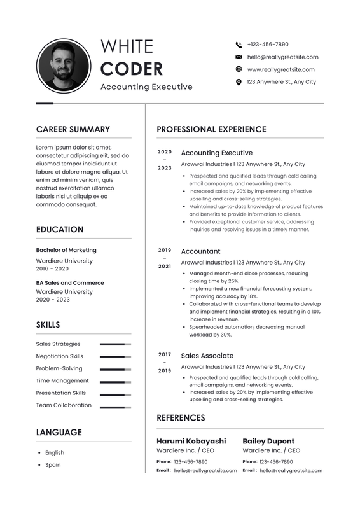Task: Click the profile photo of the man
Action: click(x=62, y=66)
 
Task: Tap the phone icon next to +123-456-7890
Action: click(x=239, y=45)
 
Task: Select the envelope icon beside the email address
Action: click(x=239, y=57)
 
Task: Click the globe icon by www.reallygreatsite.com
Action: click(x=239, y=69)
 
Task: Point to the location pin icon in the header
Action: click(x=239, y=82)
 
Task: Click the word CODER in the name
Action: click(x=132, y=69)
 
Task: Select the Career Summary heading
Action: click(x=73, y=129)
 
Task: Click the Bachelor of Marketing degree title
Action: click(x=66, y=250)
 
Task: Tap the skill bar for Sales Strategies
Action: click(x=115, y=344)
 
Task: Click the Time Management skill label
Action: click(x=62, y=380)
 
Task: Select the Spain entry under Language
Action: click(x=53, y=465)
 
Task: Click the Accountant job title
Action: click(x=200, y=251)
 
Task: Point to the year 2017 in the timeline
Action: click(x=165, y=354)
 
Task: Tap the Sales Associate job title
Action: click(x=207, y=356)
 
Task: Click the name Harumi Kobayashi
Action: click(x=191, y=441)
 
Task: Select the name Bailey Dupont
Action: click(x=268, y=441)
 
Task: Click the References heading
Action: click(x=181, y=418)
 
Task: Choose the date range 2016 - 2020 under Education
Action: click(x=52, y=269)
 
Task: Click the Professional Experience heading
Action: click(x=211, y=129)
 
